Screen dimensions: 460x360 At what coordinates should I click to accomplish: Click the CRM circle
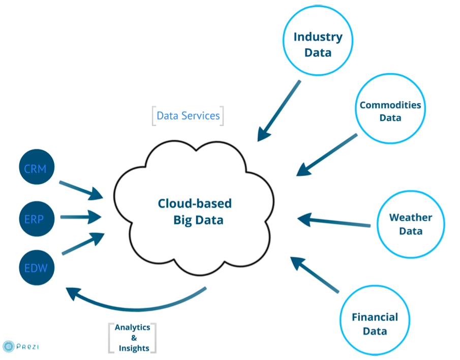pos(37,167)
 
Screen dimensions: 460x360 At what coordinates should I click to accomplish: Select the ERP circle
pos(37,219)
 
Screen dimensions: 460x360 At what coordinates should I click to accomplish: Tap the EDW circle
pos(37,267)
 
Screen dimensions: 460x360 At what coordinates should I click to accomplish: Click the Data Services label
pos(188,115)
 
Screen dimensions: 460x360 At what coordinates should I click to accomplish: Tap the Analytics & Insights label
pos(132,338)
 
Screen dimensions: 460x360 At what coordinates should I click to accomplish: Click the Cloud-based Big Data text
pos(195,212)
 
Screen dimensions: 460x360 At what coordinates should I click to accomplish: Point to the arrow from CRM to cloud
pos(81,191)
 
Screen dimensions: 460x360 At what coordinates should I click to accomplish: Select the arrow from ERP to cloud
pos(81,217)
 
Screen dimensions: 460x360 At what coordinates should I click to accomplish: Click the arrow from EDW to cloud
pos(83,244)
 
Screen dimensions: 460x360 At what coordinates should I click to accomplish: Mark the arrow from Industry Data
pos(279,111)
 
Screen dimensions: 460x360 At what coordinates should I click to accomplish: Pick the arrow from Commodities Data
pos(327,155)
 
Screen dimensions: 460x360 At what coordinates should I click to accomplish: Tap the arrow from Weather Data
pos(334,221)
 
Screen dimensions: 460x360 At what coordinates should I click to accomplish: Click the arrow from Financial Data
pos(315,275)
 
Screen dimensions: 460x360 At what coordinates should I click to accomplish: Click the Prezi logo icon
pos(9,346)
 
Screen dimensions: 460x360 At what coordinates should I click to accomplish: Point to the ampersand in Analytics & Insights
pos(134,338)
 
